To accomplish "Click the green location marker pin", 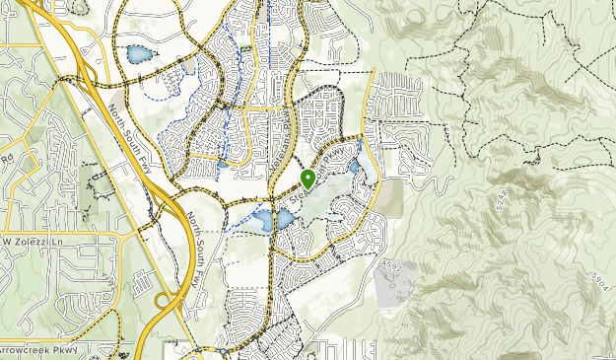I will pos(308,180).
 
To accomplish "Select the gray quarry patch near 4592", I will pos(394,286).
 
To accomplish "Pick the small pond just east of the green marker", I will pos(354,167).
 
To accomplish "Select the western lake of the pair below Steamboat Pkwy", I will pos(265,223).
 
